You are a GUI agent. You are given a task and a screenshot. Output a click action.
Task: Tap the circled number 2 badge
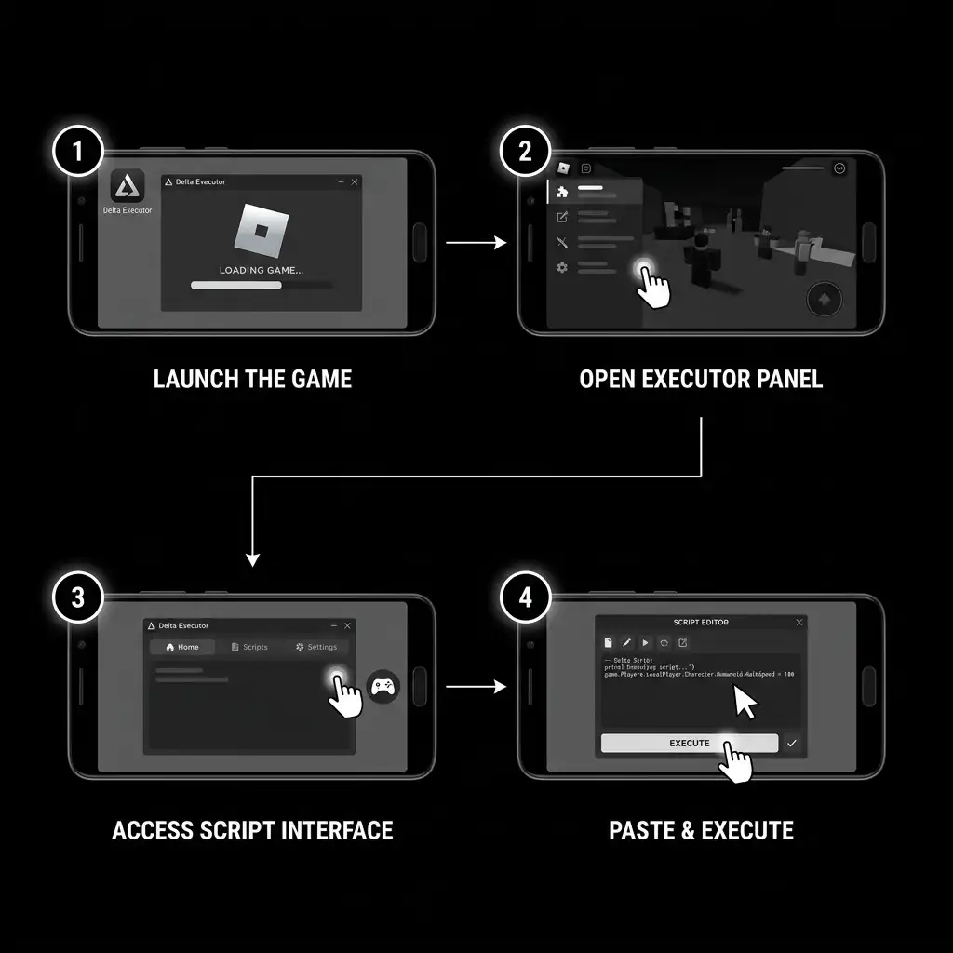(525, 152)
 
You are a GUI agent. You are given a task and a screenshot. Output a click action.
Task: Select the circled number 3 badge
(78, 597)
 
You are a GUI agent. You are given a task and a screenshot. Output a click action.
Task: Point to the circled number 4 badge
(526, 597)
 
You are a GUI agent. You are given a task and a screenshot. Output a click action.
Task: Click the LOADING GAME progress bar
(260, 285)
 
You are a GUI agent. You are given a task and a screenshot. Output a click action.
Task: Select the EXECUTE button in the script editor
(689, 743)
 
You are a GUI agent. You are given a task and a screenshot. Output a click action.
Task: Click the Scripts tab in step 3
(249, 647)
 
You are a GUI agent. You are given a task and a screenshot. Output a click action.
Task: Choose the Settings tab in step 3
(316, 647)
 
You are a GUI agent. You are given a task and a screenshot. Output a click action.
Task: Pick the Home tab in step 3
(182, 647)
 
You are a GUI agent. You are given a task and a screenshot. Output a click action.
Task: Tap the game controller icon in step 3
(383, 687)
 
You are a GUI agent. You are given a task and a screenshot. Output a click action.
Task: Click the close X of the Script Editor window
(799, 622)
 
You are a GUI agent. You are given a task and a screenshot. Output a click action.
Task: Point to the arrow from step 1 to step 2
(476, 243)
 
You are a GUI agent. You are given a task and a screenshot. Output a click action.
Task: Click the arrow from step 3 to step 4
(476, 687)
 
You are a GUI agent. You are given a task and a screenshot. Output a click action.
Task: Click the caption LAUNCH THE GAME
(252, 379)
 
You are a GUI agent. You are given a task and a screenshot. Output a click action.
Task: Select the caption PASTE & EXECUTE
(701, 830)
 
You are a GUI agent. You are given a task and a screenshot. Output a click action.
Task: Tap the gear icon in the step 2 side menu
(562, 268)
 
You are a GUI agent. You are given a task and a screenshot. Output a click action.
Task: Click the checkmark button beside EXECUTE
(792, 743)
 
